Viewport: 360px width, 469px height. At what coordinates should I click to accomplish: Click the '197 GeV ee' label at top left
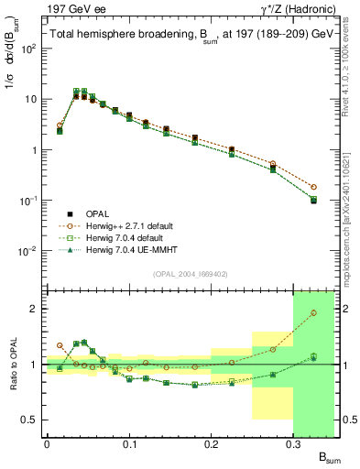tap(30, 7)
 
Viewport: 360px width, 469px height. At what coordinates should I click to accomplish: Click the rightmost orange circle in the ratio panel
tap(313, 313)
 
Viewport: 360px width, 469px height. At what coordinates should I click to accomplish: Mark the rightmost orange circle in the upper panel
tap(313, 187)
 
